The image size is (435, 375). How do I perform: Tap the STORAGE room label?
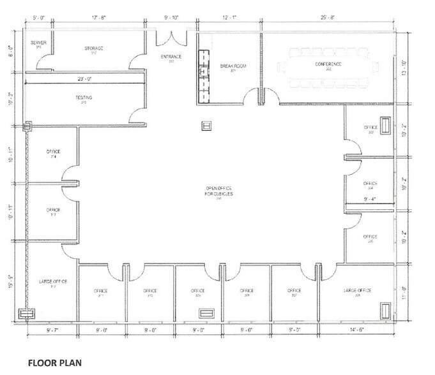coord(94,48)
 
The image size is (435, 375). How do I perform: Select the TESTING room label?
coord(84,98)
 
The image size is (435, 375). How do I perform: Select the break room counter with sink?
coord(204,74)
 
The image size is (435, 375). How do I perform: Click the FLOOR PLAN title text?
coord(54,364)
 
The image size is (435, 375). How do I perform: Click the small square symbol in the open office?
coord(206,126)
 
